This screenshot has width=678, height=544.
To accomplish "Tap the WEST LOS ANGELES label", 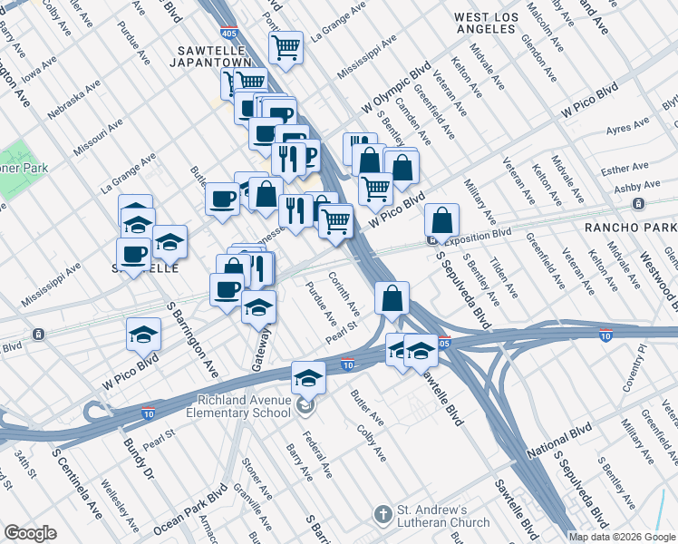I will [x=484, y=24].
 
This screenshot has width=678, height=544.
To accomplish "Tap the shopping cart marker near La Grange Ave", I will [x=287, y=47].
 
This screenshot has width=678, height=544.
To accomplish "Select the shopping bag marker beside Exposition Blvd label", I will [x=441, y=220].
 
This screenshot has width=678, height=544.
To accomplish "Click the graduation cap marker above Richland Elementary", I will [x=308, y=377].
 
